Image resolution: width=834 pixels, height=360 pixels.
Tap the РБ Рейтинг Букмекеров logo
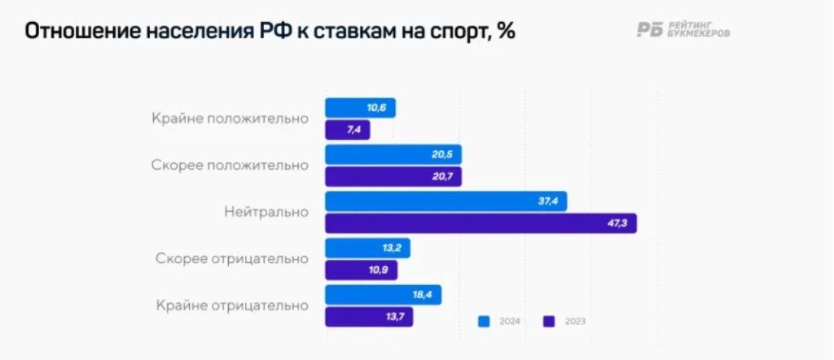click(683, 30)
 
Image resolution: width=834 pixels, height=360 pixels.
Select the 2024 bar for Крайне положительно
click(360, 108)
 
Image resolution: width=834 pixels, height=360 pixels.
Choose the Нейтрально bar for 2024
click(446, 201)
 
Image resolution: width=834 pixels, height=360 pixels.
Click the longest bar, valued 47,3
click(481, 223)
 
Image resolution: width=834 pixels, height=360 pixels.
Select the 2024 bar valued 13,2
click(367, 248)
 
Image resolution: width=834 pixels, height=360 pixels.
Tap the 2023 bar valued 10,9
click(361, 270)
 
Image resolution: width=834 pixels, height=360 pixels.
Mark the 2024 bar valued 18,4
click(383, 295)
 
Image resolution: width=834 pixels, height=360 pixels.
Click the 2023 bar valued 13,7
click(369, 317)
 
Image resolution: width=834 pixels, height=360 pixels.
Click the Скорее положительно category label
click(230, 165)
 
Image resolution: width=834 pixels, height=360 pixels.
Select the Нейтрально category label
click(266, 212)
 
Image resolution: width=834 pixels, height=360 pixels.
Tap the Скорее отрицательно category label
click(232, 259)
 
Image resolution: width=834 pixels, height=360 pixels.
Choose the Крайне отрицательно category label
click(232, 306)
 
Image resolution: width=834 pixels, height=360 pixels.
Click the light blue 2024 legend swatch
click(484, 321)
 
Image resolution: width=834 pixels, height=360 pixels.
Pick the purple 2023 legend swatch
click(549, 321)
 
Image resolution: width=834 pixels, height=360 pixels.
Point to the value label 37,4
click(548, 201)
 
